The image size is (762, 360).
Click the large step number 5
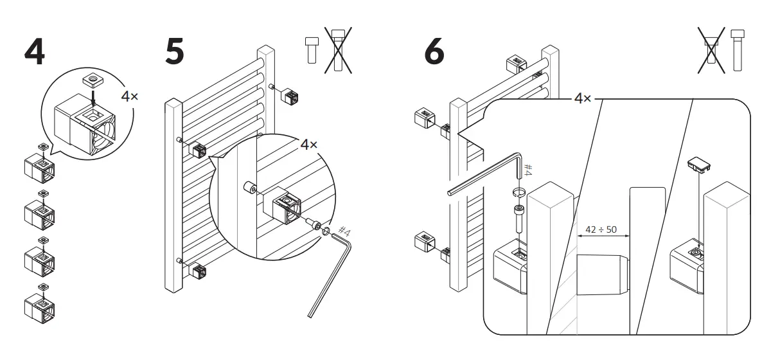(174, 51)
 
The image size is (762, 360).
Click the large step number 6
(434, 51)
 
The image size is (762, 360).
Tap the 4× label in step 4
(130, 97)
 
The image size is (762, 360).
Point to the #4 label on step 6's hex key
(529, 170)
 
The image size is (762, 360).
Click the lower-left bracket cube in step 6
(424, 243)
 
